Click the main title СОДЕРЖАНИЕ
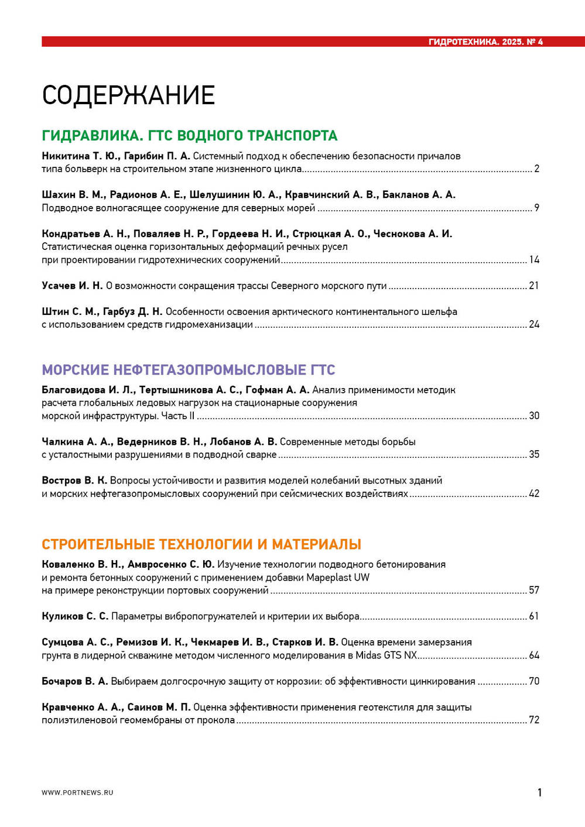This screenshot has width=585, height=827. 128,95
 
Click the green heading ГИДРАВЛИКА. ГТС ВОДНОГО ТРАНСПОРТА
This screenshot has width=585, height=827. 189,136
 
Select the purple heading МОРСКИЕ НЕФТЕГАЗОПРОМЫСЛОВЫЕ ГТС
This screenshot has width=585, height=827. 188,370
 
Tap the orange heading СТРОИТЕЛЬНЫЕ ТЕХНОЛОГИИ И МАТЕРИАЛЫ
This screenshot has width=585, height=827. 201,544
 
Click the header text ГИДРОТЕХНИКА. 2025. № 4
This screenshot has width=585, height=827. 485,42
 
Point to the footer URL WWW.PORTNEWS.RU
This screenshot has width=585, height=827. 77,792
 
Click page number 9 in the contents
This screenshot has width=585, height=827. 536,208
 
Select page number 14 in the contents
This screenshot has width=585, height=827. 534,260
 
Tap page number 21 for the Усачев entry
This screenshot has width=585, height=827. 534,286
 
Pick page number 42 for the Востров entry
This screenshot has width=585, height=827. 534,493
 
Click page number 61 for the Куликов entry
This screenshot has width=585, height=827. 534,616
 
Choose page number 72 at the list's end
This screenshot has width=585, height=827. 534,720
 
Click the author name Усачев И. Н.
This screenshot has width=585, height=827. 72,286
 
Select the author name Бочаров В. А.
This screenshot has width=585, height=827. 75,681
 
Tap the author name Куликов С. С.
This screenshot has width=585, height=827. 75,616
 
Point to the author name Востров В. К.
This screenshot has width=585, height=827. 74,481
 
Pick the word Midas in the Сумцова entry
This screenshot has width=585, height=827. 368,656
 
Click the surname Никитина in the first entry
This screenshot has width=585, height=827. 66,156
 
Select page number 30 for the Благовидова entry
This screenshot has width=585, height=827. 534,416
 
